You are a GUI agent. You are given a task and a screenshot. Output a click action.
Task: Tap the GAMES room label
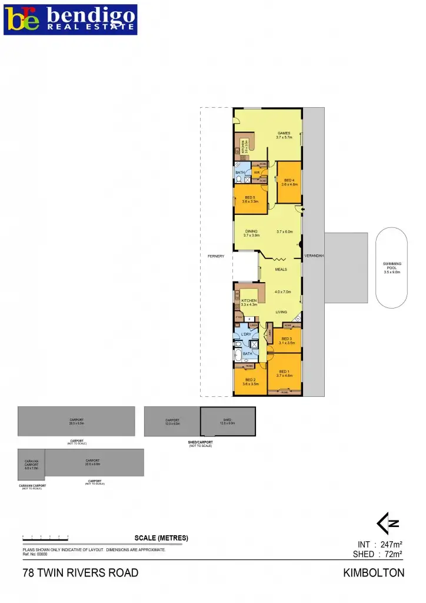coord(284,135)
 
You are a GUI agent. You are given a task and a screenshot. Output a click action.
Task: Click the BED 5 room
coord(250,199)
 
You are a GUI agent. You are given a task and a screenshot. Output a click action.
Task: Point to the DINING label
coord(251,232)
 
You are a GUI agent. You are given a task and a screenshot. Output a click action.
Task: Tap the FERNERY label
coord(216,256)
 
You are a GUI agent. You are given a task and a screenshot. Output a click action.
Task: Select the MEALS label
coord(281,269)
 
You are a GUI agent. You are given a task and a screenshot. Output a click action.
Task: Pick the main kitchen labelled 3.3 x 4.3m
coord(249,302)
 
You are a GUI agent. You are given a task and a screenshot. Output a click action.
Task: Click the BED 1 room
coord(284,373)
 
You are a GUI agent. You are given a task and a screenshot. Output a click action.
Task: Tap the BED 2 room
coord(249,382)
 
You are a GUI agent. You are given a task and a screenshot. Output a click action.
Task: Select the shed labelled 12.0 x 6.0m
coord(228,422)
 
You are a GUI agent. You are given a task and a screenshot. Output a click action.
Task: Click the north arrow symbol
coord(389,523)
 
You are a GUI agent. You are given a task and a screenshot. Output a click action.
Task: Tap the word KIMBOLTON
coord(374,573)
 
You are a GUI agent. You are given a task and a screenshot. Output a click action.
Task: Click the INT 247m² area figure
coord(380,544)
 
